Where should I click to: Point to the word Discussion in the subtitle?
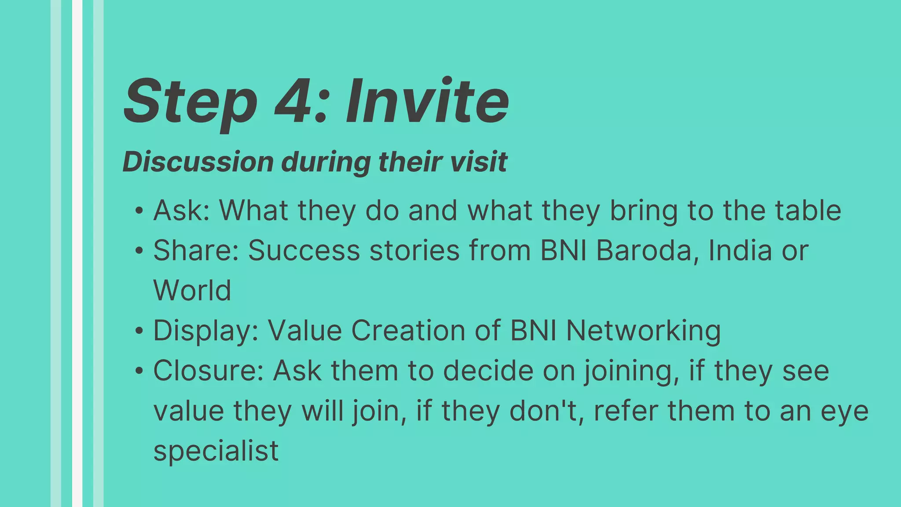198,162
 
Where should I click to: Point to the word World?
192,290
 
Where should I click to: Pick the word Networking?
643,331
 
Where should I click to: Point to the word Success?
304,250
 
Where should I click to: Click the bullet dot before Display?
139,331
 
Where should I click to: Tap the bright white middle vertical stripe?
77,253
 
